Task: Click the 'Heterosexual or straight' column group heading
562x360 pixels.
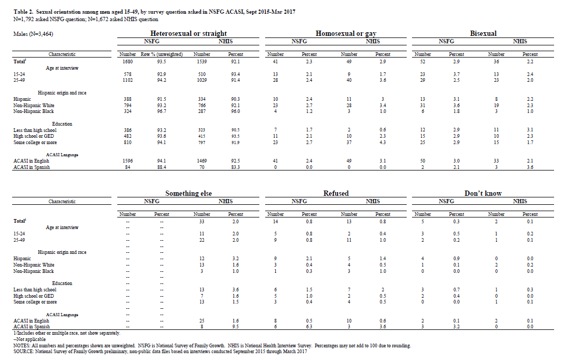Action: [189, 34]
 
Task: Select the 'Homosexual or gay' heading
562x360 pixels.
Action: [345, 34]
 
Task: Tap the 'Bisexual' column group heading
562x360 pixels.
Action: [483, 34]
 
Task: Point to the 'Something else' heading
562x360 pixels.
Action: [189, 194]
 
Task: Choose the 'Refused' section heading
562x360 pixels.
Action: [336, 194]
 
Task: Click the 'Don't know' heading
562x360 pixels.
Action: [483, 194]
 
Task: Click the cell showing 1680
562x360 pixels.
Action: [128, 62]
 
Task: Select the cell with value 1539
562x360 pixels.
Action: [202, 62]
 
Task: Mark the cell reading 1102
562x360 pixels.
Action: [128, 80]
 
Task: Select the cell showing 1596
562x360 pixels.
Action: [128, 161]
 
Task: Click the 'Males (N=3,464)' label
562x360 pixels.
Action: [33, 34]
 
